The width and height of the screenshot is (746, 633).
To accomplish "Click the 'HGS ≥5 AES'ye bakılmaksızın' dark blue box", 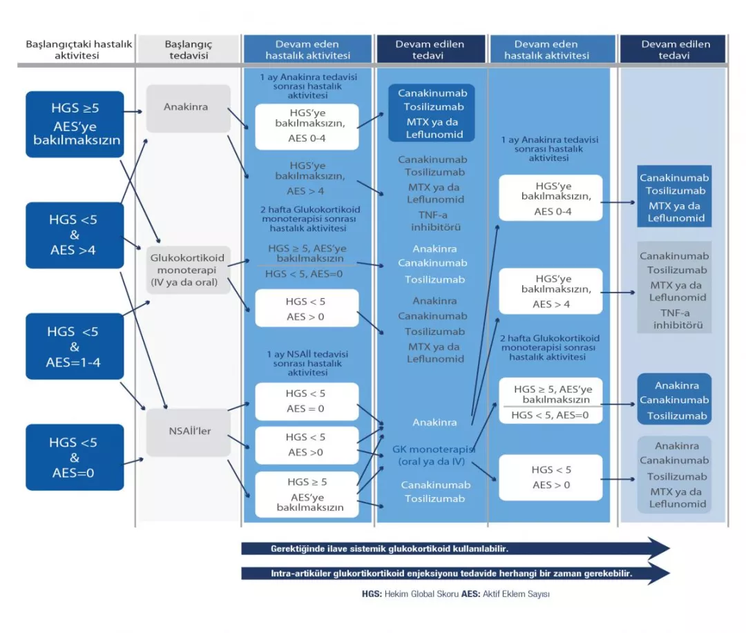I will pos(75,124).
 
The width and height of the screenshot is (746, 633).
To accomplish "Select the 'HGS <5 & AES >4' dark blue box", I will pos(75,235).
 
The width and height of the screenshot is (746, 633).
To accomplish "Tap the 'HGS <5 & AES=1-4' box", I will pos(75,346).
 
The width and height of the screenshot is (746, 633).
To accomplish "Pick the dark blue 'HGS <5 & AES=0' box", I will pos(75,457).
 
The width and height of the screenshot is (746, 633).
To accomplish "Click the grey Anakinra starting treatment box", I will pos(188,108).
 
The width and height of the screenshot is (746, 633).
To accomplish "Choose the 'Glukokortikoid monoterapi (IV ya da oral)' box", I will pos(188,269).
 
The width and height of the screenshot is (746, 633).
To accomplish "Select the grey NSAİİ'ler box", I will pos(188,432).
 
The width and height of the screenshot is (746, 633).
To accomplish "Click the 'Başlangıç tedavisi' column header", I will pos(188,50).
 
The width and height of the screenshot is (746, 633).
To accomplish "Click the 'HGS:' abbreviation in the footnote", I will pos(371,594).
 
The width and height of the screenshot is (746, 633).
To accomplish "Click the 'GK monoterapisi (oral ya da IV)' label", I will pos(429,455).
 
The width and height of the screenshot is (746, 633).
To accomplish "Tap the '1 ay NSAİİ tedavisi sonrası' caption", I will pos(307,362).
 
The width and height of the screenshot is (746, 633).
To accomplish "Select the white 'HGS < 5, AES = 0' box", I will pos(306,401).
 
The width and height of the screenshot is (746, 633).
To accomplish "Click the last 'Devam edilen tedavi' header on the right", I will pos(674,50).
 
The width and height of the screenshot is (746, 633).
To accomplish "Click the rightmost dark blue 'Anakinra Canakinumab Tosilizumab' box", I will pos(673,400).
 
